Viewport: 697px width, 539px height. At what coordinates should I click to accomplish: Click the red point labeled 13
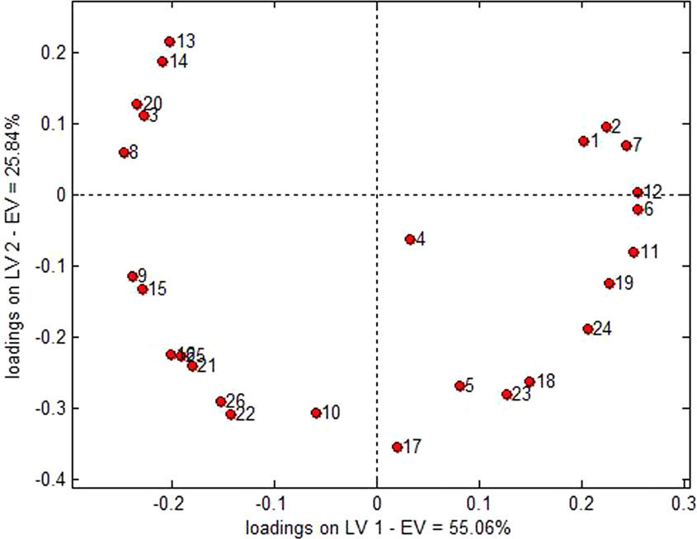click(x=169, y=41)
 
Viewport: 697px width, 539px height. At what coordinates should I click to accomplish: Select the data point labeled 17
click(x=397, y=447)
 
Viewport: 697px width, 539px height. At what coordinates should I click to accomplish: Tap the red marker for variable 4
click(x=410, y=239)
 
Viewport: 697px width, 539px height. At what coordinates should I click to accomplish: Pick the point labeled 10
click(x=316, y=413)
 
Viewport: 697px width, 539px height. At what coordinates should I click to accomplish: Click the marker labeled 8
click(x=124, y=152)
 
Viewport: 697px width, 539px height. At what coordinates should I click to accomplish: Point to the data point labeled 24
click(x=588, y=329)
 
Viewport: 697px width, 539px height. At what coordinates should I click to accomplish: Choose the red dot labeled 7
click(x=626, y=145)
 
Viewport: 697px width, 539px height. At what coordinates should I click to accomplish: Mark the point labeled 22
click(x=231, y=415)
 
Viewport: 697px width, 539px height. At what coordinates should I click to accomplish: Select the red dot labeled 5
click(x=459, y=386)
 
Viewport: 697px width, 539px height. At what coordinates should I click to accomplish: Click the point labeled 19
click(x=610, y=284)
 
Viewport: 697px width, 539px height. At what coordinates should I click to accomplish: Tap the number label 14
click(x=178, y=62)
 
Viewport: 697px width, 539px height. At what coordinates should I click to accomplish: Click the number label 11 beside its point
click(x=648, y=251)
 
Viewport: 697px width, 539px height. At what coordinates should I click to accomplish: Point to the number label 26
click(x=236, y=401)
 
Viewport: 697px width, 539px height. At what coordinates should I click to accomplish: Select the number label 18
click(x=545, y=381)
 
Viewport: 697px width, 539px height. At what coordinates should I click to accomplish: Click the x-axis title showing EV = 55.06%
click(x=377, y=525)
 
